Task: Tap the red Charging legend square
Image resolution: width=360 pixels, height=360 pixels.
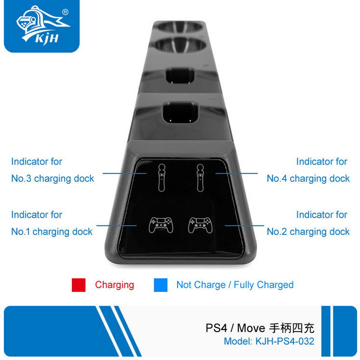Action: (79, 285)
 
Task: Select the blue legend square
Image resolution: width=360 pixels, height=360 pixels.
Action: (160, 285)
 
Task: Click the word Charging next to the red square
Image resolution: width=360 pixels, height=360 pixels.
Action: (114, 285)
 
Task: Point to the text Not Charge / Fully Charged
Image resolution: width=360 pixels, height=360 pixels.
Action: (235, 285)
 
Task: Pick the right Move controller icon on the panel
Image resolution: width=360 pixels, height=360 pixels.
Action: (199, 178)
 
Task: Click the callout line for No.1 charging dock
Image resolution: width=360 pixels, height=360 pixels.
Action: (116, 226)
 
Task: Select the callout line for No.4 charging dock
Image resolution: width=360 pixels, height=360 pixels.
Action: (236, 173)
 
